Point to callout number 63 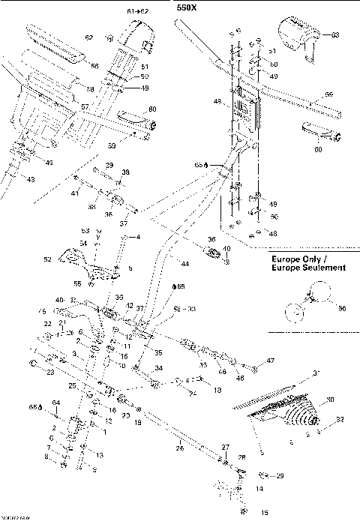point(335,35)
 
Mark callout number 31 point(316,373)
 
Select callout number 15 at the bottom point(242,513)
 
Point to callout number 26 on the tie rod point(179,448)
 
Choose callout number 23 point(50,371)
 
